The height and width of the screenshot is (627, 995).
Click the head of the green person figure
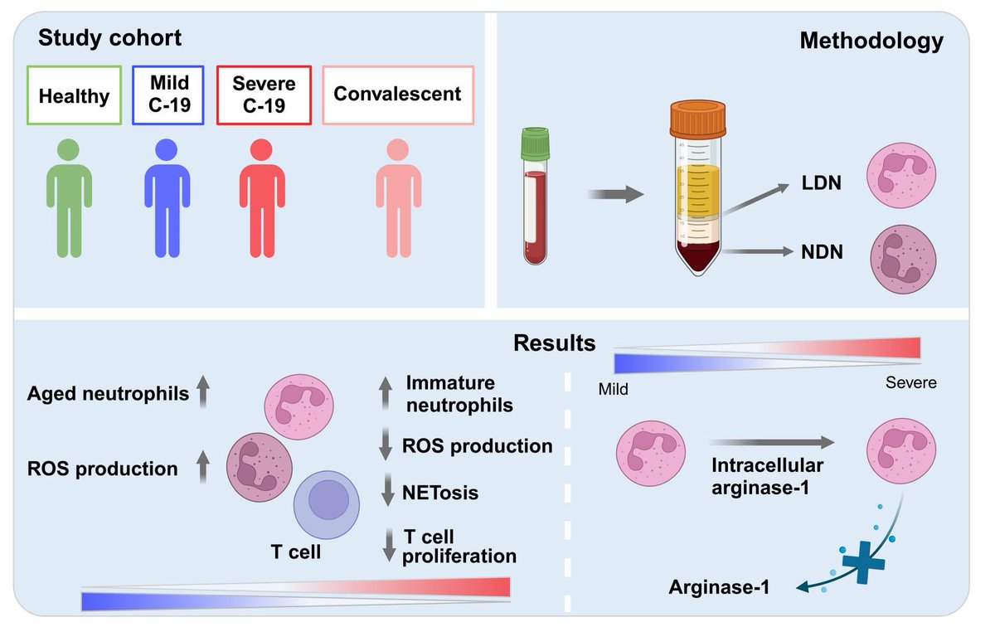pyautogui.click(x=69, y=150)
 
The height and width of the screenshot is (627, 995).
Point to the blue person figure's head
pyautogui.click(x=167, y=150)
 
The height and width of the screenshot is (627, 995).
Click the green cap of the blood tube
pyautogui.click(x=536, y=143)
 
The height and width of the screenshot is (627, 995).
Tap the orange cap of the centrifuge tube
pyautogui.click(x=698, y=119)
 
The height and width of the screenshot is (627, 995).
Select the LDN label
pyautogui.click(x=822, y=183)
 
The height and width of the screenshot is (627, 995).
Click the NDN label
pyautogui.click(x=822, y=252)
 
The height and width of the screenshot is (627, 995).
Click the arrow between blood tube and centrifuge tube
pyautogui.click(x=615, y=194)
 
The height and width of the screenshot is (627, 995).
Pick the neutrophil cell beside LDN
pyautogui.click(x=901, y=175)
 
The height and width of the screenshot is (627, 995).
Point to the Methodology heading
pyautogui.click(x=871, y=41)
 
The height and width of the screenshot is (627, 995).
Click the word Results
pyautogui.click(x=555, y=343)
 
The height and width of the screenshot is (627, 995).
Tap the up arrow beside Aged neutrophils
pyautogui.click(x=203, y=391)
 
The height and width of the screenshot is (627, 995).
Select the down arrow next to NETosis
pyautogui.click(x=388, y=489)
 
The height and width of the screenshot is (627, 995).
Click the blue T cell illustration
pyautogui.click(x=327, y=505)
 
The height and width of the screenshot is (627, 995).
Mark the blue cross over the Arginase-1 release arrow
pyautogui.click(x=863, y=562)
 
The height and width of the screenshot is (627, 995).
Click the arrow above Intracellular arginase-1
pyautogui.click(x=773, y=442)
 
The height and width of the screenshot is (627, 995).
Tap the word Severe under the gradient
pyautogui.click(x=911, y=382)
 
